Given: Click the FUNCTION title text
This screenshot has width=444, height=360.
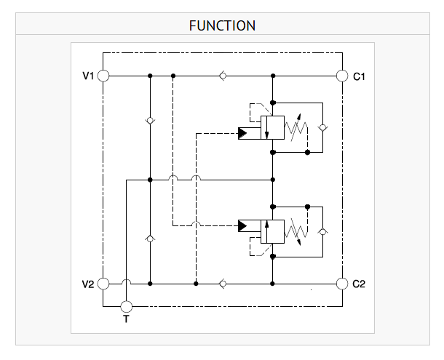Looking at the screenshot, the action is (222, 25).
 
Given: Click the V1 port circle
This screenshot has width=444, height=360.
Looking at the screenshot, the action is (103, 76).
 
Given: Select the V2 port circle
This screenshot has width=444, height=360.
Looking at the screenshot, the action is (103, 284).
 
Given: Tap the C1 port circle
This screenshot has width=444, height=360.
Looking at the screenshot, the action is (342, 76).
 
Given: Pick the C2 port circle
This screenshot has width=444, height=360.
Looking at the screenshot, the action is (342, 284).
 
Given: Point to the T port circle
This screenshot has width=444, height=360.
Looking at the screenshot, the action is (127, 306).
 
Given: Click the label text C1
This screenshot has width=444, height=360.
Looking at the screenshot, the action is (359, 76).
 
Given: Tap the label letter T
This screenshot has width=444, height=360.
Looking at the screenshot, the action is (127, 319).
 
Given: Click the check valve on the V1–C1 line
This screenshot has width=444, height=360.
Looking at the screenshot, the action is (223, 76).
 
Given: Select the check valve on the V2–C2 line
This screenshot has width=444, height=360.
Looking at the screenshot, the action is (223, 284).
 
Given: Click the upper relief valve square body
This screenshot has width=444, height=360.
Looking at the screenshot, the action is (272, 128).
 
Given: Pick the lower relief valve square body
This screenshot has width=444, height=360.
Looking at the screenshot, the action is (272, 231).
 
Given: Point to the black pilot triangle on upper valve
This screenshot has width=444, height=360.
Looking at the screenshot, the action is (242, 133).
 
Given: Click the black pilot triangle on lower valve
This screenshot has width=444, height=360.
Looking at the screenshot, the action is (242, 226).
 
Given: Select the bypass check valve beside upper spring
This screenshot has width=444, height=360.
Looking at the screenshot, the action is (322, 128).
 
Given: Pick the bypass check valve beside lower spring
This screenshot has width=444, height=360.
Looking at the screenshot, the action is (322, 232).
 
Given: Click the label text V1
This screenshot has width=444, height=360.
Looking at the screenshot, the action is (88, 76).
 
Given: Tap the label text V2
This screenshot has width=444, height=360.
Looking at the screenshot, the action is (88, 284).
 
